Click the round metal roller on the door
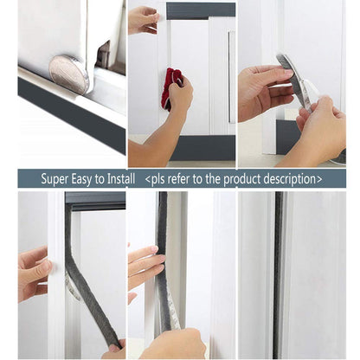[x=70, y=73]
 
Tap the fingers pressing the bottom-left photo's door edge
[x=35, y=268]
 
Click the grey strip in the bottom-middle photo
[x=164, y=260]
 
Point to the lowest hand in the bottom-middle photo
[x=173, y=344]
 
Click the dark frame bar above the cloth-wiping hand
[x=200, y=10]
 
